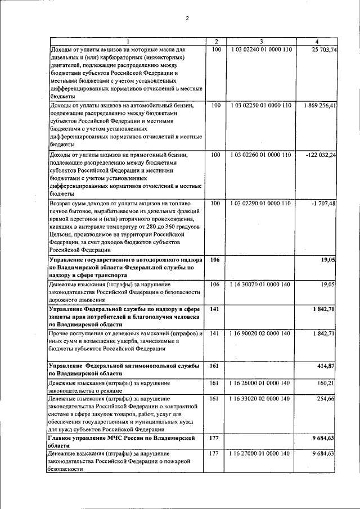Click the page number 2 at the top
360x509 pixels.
tap(187, 19)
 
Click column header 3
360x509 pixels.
tap(261, 42)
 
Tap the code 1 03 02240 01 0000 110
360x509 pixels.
tap(261, 50)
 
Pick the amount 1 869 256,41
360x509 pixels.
tap(319, 105)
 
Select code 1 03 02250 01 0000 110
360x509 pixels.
tap(261, 105)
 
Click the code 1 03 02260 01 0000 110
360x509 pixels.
tap(261, 155)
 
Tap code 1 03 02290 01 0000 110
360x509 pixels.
tap(261, 203)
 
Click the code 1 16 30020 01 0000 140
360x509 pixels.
tap(261, 285)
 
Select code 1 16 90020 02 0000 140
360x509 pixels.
tap(261, 334)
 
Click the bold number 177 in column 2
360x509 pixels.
tap(214, 437)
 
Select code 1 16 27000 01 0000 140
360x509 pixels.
tap(261, 453)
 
